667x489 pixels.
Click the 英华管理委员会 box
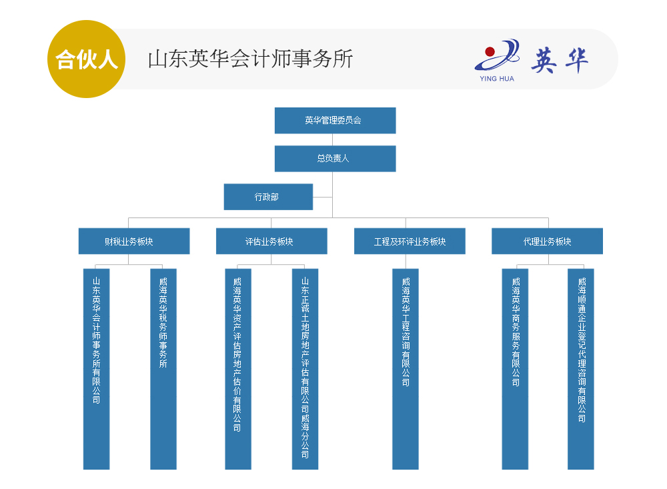coord(335,121)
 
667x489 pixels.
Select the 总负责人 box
coord(335,159)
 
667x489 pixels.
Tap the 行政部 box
coord(268,197)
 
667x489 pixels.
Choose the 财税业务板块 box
coord(133,241)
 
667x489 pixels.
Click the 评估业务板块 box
coord(271,241)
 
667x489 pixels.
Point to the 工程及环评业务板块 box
coord(410,241)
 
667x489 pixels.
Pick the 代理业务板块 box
coord(547,241)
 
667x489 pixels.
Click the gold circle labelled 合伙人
coord(86,59)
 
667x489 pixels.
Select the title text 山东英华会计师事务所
coord(249,59)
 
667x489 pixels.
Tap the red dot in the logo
coord(490,51)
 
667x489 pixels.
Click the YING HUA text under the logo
coord(497,79)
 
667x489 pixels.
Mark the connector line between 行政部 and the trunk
coord(323,197)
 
